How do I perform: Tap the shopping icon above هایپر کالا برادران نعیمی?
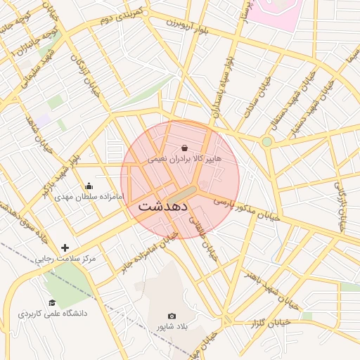pyautogui.click(x=184, y=148)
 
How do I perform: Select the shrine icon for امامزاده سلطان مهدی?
pyautogui.click(x=89, y=186)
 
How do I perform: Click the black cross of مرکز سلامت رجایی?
pyautogui.click(x=65, y=247)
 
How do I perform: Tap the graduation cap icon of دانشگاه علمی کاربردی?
pyautogui.click(x=52, y=302)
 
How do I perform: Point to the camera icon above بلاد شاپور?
pyautogui.click(x=172, y=316)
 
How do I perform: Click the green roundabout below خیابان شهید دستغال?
pyautogui.click(x=266, y=142)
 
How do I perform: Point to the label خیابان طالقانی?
pyautogui.click(x=203, y=239)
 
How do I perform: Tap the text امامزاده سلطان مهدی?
pyautogui.click(x=89, y=197)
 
